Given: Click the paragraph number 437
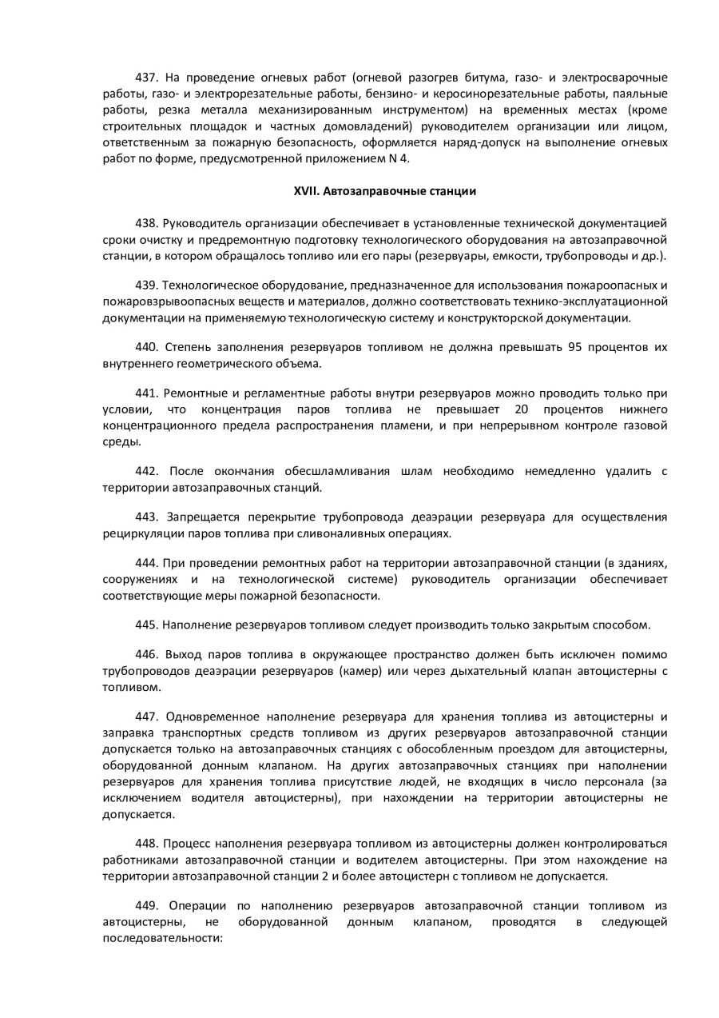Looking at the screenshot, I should (147, 78).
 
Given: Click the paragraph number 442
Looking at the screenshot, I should (147, 471).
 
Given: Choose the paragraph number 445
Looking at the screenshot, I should (147, 625).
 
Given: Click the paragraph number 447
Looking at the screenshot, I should (147, 716).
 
